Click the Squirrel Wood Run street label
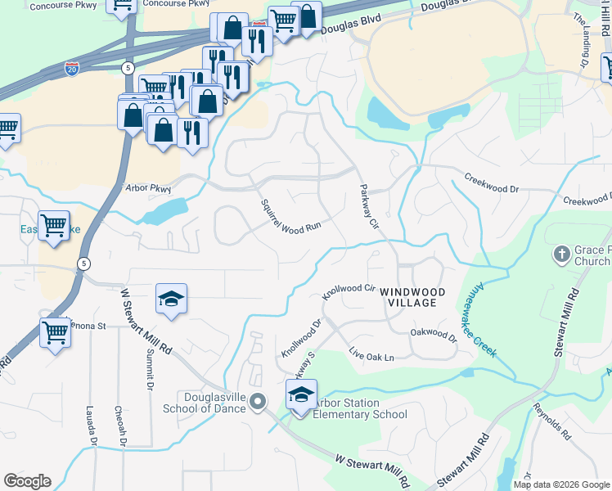tap(290, 217)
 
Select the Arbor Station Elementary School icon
tap(301, 396)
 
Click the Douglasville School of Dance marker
tap(259, 401)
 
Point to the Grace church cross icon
tap(562, 254)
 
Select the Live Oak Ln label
tap(371, 358)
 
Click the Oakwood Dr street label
tap(433, 334)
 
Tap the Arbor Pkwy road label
tap(149, 188)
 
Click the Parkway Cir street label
tap(369, 207)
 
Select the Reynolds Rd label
tap(551, 418)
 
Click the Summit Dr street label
tap(150, 368)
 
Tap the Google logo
tap(27, 481)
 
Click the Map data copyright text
tap(561, 484)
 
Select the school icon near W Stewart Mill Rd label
tap(172, 300)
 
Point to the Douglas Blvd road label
tap(350, 26)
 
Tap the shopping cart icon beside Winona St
tap(55, 333)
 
